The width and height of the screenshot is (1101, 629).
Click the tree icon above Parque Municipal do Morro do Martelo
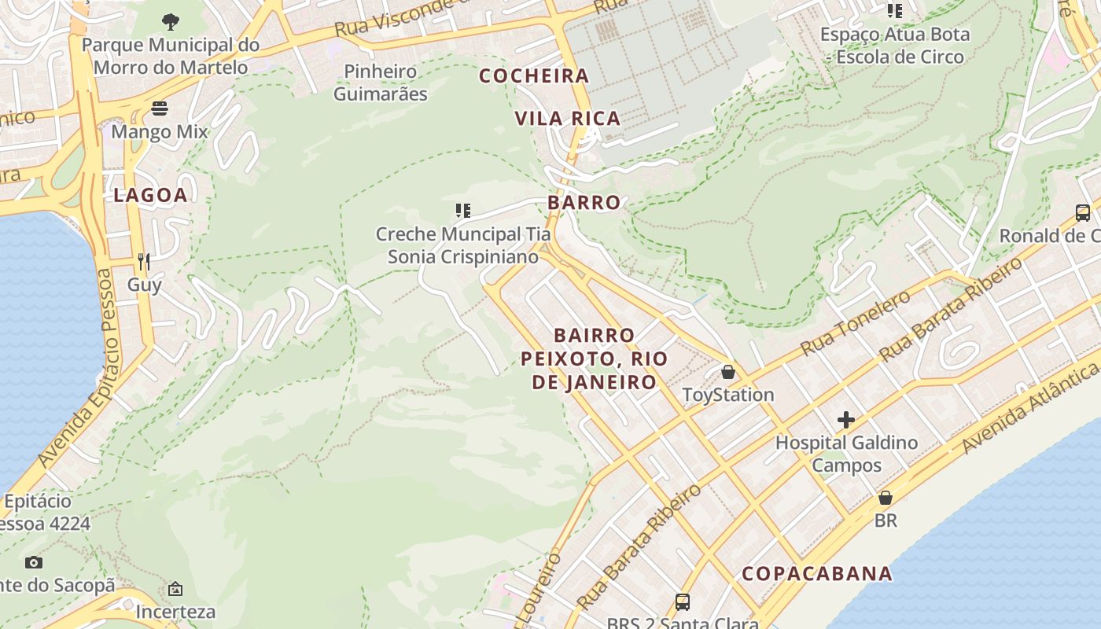tap(170, 21)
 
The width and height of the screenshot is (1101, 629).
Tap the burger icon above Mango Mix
tap(160, 108)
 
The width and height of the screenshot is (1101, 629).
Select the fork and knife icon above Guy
tap(144, 261)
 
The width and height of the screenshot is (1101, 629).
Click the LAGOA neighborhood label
tap(150, 195)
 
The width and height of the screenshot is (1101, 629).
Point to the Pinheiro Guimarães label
tap(381, 83)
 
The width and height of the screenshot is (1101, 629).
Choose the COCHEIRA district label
tap(534, 75)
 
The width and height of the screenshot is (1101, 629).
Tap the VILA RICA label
tap(567, 119)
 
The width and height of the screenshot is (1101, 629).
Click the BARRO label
tap(584, 202)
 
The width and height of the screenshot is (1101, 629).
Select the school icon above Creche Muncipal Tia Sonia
tap(463, 210)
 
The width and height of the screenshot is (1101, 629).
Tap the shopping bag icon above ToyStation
tap(728, 371)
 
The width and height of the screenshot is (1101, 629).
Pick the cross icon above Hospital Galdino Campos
tap(845, 420)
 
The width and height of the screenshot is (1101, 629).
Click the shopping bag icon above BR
tap(886, 498)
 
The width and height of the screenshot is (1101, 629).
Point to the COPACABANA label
tap(817, 573)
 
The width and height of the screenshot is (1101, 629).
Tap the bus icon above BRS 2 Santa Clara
tap(683, 602)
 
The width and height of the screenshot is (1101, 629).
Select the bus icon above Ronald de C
tap(1083, 212)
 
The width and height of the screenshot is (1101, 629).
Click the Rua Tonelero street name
tap(855, 322)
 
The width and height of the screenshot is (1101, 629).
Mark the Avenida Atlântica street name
tap(1029, 408)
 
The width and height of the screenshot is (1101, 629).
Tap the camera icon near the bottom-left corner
tap(34, 562)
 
